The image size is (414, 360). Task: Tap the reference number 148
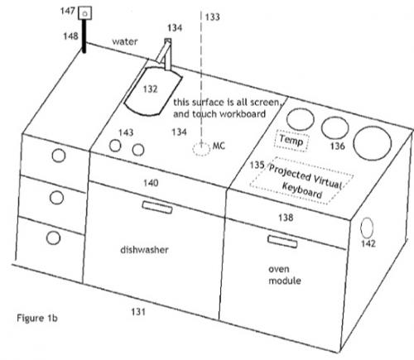click(70, 36)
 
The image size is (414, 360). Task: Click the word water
click(125, 41)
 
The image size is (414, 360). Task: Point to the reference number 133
click(212, 17)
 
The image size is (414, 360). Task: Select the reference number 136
click(337, 146)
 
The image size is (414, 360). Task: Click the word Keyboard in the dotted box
click(302, 190)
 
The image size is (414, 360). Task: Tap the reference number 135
click(257, 165)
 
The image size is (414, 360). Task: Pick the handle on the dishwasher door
click(157, 207)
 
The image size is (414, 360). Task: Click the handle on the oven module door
click(282, 242)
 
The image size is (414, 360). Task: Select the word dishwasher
click(144, 250)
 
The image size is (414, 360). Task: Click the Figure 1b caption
click(37, 318)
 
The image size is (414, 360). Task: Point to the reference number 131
click(138, 312)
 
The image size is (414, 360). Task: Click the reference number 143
click(126, 132)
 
